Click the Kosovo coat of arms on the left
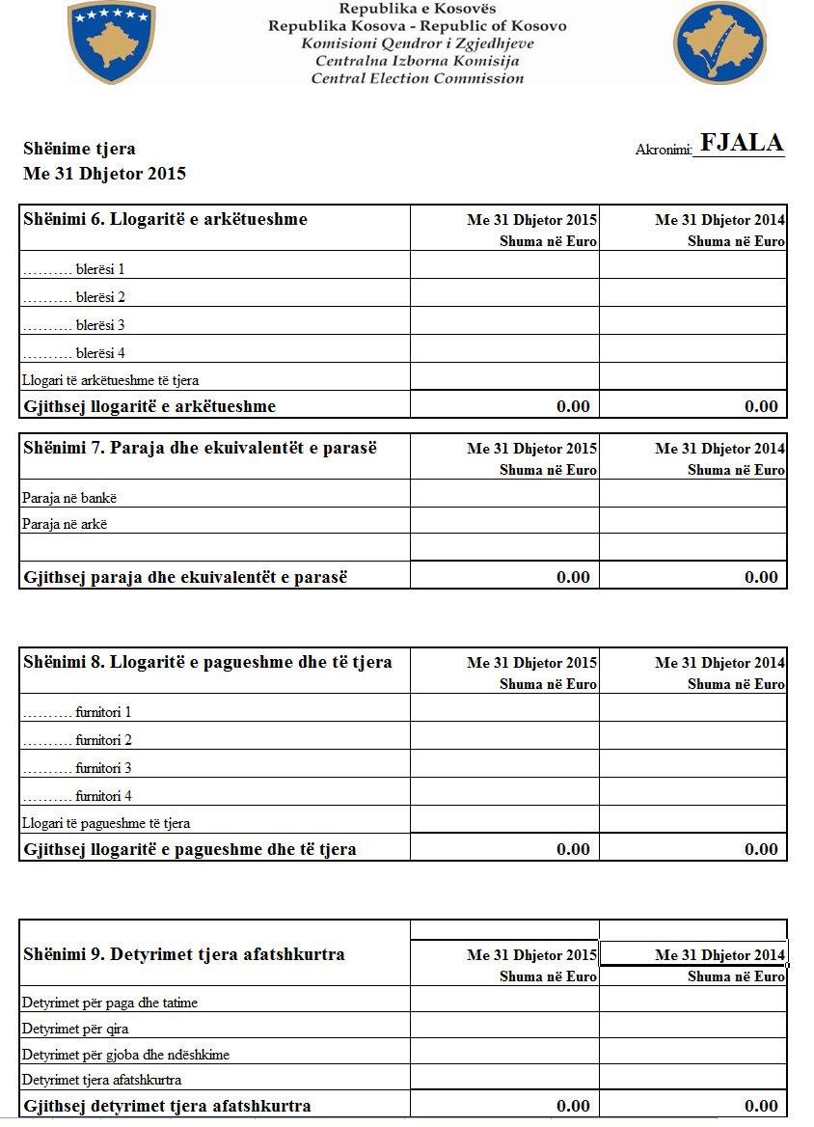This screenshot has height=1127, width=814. click(112, 41)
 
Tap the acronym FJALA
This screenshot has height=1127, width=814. click(742, 143)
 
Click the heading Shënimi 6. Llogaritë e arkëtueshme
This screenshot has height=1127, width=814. click(165, 219)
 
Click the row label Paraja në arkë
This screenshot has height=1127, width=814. click(65, 525)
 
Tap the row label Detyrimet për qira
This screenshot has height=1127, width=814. click(75, 1029)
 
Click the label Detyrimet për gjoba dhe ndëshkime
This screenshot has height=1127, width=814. click(125, 1055)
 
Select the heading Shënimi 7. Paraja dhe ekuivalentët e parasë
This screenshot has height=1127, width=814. click(200, 448)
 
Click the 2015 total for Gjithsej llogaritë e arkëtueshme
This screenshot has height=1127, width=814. click(573, 406)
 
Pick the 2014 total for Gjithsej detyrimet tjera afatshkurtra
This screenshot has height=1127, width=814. click(761, 1106)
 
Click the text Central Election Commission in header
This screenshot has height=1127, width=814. click(418, 78)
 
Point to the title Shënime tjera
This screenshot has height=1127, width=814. click(79, 149)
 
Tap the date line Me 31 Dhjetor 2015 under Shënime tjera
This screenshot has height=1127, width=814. click(104, 174)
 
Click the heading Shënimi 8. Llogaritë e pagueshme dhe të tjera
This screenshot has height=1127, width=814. click(207, 662)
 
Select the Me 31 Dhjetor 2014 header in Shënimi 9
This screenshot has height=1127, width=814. click(719, 955)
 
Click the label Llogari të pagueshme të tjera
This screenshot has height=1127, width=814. click(106, 824)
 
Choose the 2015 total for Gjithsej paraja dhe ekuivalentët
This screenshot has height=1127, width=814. click(573, 577)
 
